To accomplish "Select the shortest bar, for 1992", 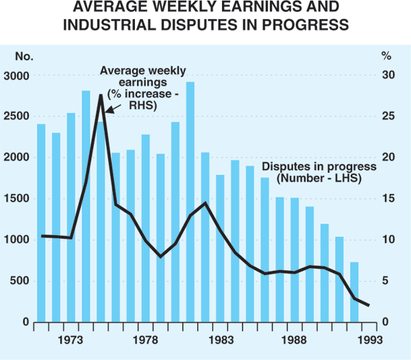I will [x=354, y=292].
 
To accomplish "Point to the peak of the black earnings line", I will [x=101, y=95].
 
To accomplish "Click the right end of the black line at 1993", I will [x=369, y=306].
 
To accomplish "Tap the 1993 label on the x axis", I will [x=369, y=338].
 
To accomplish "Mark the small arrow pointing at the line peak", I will [x=113, y=109].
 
